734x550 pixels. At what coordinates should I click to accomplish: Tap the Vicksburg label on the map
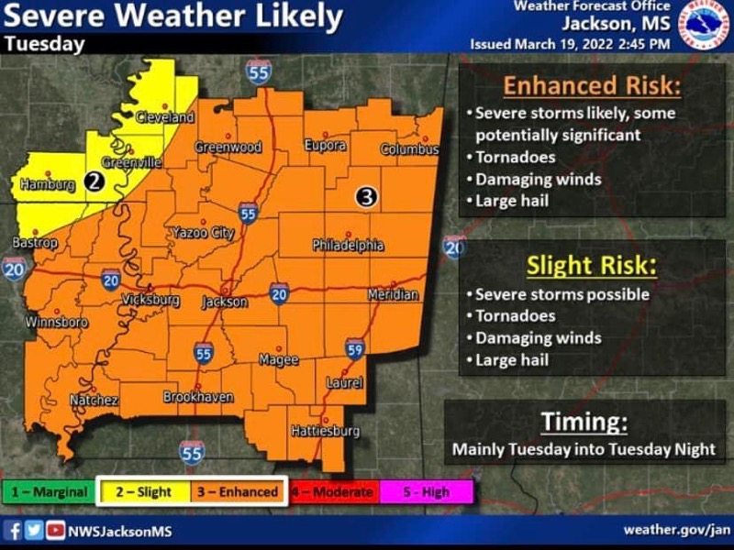click(150, 300)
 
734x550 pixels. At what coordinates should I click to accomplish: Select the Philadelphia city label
click(348, 246)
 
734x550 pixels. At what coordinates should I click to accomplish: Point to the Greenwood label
click(228, 148)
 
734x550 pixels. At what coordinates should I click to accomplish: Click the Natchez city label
click(95, 401)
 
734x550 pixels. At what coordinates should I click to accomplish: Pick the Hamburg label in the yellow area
click(47, 185)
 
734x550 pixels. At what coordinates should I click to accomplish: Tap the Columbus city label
click(410, 148)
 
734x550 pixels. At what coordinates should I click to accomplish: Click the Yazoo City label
click(203, 234)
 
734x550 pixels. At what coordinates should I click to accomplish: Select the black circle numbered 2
click(93, 181)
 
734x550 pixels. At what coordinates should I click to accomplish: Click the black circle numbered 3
click(365, 195)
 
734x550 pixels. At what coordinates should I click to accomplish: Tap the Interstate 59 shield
click(354, 348)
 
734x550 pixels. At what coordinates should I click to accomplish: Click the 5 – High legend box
click(428, 492)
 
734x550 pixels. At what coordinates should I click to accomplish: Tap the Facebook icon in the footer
click(14, 530)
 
